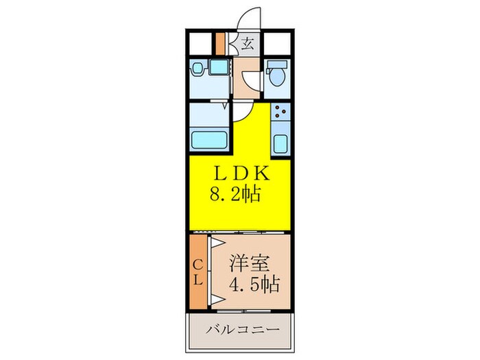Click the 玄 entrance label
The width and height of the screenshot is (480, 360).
coord(247,45)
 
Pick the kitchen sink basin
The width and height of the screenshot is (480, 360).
coord(280,145)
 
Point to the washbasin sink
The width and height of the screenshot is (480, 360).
coord(198,69)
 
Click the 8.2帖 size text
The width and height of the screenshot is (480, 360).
coord(235,195)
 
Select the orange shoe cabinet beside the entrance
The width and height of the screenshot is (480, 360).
coord(220,43)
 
